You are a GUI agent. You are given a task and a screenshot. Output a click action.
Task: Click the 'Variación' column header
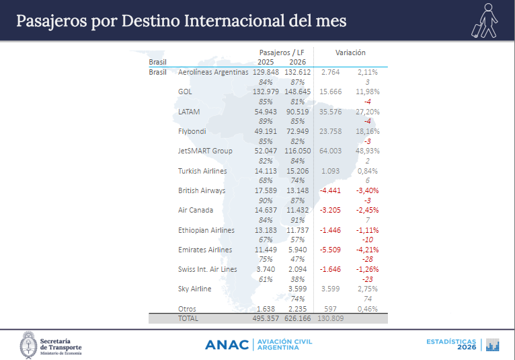point(350,52)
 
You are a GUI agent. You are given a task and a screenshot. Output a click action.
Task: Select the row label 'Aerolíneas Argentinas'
point(213,72)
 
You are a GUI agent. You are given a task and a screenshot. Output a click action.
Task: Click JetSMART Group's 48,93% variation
point(367,151)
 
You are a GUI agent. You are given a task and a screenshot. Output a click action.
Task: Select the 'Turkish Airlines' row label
point(202,171)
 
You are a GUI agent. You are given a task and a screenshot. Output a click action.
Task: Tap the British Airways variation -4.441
point(330,190)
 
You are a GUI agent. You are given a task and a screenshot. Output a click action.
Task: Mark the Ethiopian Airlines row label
point(206,230)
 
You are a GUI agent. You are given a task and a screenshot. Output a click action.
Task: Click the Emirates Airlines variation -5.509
point(330,250)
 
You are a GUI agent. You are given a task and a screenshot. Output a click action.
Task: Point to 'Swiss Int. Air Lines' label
point(207,269)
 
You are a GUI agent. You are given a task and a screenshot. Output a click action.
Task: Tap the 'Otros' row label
point(187,309)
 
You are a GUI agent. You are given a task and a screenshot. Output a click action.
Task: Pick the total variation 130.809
point(330,318)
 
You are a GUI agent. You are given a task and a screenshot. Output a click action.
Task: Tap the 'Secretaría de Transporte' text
point(61,344)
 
